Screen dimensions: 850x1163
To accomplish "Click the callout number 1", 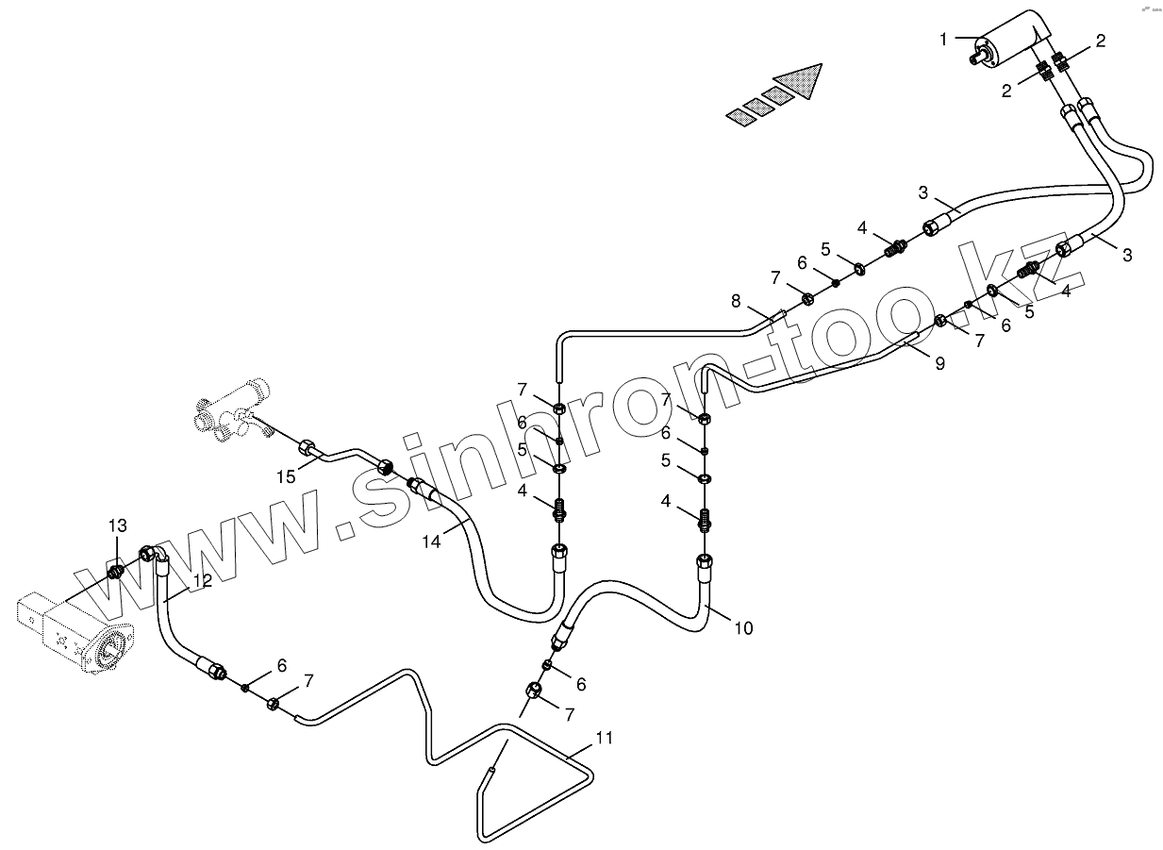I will click(x=944, y=39).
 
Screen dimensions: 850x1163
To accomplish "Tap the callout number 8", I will click(x=736, y=301).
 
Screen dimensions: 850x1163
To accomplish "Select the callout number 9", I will click(x=939, y=363).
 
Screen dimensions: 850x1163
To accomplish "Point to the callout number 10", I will click(x=743, y=627).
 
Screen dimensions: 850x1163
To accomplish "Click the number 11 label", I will click(x=604, y=738).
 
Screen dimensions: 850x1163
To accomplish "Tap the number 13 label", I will click(x=116, y=525).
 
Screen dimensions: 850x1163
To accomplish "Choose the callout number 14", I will click(x=431, y=542).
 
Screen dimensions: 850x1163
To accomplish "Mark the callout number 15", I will click(x=287, y=476).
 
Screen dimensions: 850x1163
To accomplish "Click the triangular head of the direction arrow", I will click(x=801, y=78).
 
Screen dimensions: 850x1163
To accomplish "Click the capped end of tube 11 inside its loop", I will click(x=490, y=771).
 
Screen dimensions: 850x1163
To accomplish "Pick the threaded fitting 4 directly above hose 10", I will click(x=704, y=518).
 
